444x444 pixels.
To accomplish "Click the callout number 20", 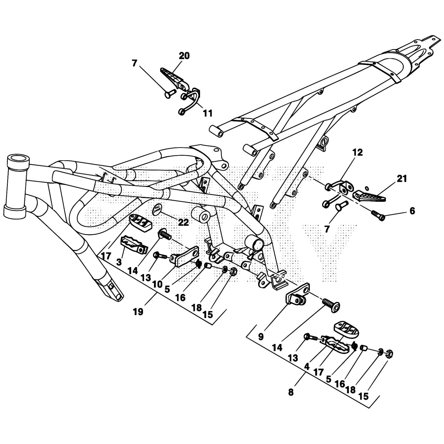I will [184, 56].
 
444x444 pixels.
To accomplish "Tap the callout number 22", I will [183, 222].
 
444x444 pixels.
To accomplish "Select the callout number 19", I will [138, 312].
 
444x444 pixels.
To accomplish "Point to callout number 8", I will [291, 392].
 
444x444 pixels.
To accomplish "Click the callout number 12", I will [358, 152].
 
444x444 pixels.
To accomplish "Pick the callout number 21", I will [402, 179].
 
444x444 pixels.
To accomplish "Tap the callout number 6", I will [412, 211].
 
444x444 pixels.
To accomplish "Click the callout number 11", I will [208, 113].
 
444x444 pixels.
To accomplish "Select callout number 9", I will [261, 337].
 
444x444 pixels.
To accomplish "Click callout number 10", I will [157, 284].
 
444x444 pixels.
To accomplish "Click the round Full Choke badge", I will [158, 209].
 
